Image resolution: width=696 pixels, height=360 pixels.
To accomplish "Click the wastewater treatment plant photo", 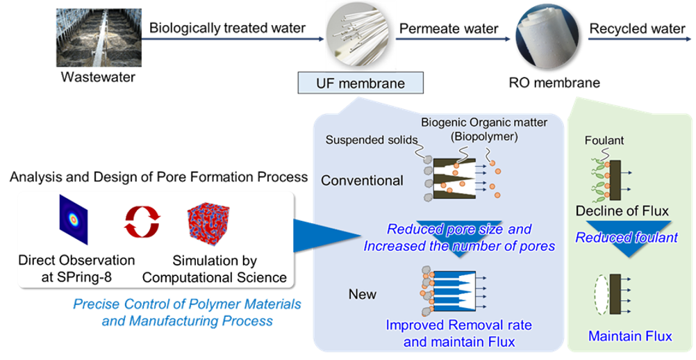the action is tap(99, 38).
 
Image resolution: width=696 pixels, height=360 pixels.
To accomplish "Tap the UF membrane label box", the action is tap(361, 83).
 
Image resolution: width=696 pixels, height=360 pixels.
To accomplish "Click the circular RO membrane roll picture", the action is tap(548, 37).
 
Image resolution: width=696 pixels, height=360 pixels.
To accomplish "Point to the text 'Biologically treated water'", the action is tap(227, 28).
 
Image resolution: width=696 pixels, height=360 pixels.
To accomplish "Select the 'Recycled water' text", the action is tap(637, 28).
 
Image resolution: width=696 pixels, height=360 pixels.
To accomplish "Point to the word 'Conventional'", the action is tap(362, 180).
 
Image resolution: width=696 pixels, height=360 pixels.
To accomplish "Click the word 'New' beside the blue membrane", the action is tap(362, 294).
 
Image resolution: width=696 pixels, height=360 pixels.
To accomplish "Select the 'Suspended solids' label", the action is tap(372, 140).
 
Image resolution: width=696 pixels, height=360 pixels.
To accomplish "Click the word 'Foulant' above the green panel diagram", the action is tap(604, 140).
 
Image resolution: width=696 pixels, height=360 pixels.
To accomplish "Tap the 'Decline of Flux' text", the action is tap(622, 211).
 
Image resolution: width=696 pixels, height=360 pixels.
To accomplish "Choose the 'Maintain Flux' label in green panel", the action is tap(630, 336).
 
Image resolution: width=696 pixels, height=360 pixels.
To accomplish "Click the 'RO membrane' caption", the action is tap(554, 83).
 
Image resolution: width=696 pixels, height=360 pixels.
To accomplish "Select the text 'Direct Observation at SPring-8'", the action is tap(76, 268).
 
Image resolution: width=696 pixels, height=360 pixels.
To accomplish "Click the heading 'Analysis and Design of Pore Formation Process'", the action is tap(159, 177).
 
